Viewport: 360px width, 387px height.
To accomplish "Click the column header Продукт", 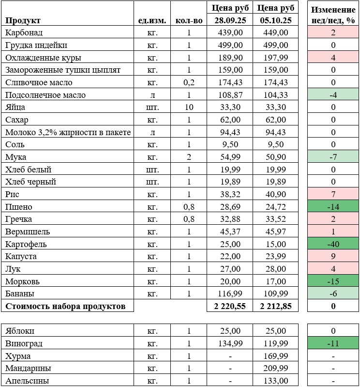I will pos(23,20).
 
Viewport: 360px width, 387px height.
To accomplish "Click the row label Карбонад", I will pos(24,33).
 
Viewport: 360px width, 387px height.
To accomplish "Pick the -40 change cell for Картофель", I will pos(333,244).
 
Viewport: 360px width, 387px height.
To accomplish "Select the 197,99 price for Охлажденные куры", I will pos(276,58).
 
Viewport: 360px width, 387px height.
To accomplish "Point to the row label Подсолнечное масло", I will pos(45,95).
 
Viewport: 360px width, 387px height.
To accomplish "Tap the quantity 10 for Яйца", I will pos(189,108).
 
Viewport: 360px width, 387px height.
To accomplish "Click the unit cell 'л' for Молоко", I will pos(152,132).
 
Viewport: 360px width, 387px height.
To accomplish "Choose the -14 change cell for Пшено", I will pos(333,207).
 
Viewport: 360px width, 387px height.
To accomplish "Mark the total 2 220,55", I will pos(227,306).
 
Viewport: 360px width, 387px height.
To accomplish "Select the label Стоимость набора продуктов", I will pos(65,306).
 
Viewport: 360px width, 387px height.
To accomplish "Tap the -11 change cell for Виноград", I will pos(333,343).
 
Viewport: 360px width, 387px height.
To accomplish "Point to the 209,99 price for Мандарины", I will pos(276,369).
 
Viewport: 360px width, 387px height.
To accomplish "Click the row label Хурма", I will pos(18,356).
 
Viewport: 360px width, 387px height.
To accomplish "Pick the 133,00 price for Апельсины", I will pos(277,381).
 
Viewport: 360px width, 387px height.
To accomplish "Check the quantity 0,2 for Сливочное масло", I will pos(189,83).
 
